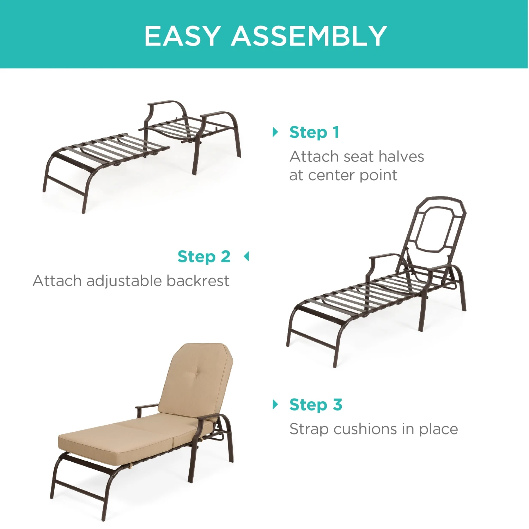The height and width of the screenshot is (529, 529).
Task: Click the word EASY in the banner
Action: coord(182,36)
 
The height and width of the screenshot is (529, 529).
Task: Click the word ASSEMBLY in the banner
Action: coord(309,36)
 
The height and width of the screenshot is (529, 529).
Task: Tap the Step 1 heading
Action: coord(314,133)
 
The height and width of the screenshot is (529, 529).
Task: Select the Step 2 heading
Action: coord(204,257)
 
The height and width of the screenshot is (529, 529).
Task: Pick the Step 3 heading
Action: coord(316,405)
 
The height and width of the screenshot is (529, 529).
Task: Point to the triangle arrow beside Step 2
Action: coord(247,256)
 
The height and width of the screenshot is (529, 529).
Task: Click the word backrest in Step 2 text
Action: coord(198,281)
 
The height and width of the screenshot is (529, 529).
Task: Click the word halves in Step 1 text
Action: coord(401,157)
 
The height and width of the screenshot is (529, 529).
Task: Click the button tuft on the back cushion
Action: coord(196,373)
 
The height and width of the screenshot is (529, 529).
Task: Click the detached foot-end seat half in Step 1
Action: coord(106,155)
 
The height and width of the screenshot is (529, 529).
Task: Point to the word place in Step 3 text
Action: coord(438,430)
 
